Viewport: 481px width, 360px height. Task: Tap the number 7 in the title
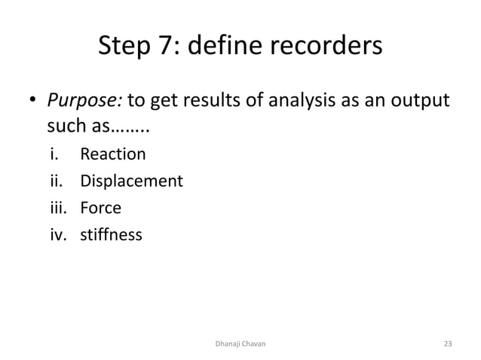click(x=167, y=47)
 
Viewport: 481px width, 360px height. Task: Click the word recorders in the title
click(x=325, y=47)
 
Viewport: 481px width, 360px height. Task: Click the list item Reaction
click(x=113, y=155)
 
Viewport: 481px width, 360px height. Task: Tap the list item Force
click(x=101, y=209)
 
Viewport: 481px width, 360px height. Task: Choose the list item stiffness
click(x=111, y=235)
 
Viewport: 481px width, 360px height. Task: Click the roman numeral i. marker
click(x=54, y=155)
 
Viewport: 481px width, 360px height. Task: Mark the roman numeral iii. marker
click(x=58, y=209)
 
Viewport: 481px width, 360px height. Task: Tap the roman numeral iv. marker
click(x=58, y=235)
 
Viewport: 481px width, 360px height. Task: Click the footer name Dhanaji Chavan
click(x=240, y=343)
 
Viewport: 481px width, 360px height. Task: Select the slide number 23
click(x=448, y=343)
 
